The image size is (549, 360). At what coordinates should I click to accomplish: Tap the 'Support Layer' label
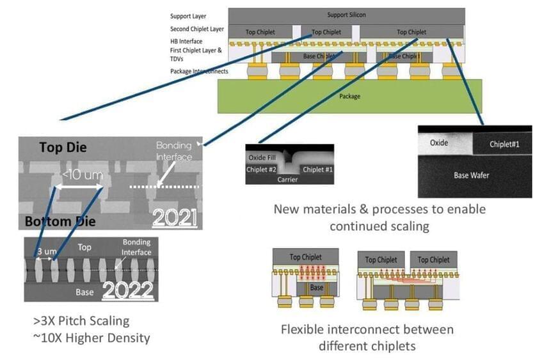(x=187, y=15)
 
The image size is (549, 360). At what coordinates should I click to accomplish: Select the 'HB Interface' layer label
(x=186, y=41)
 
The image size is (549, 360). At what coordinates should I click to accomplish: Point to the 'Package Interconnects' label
(x=199, y=71)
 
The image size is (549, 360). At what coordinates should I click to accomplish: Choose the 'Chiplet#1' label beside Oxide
(x=504, y=144)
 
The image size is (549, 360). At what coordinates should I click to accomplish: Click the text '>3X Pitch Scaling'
(x=81, y=321)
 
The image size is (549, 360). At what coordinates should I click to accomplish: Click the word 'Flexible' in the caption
(x=303, y=330)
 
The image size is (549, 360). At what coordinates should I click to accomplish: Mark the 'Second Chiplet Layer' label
(x=197, y=29)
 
